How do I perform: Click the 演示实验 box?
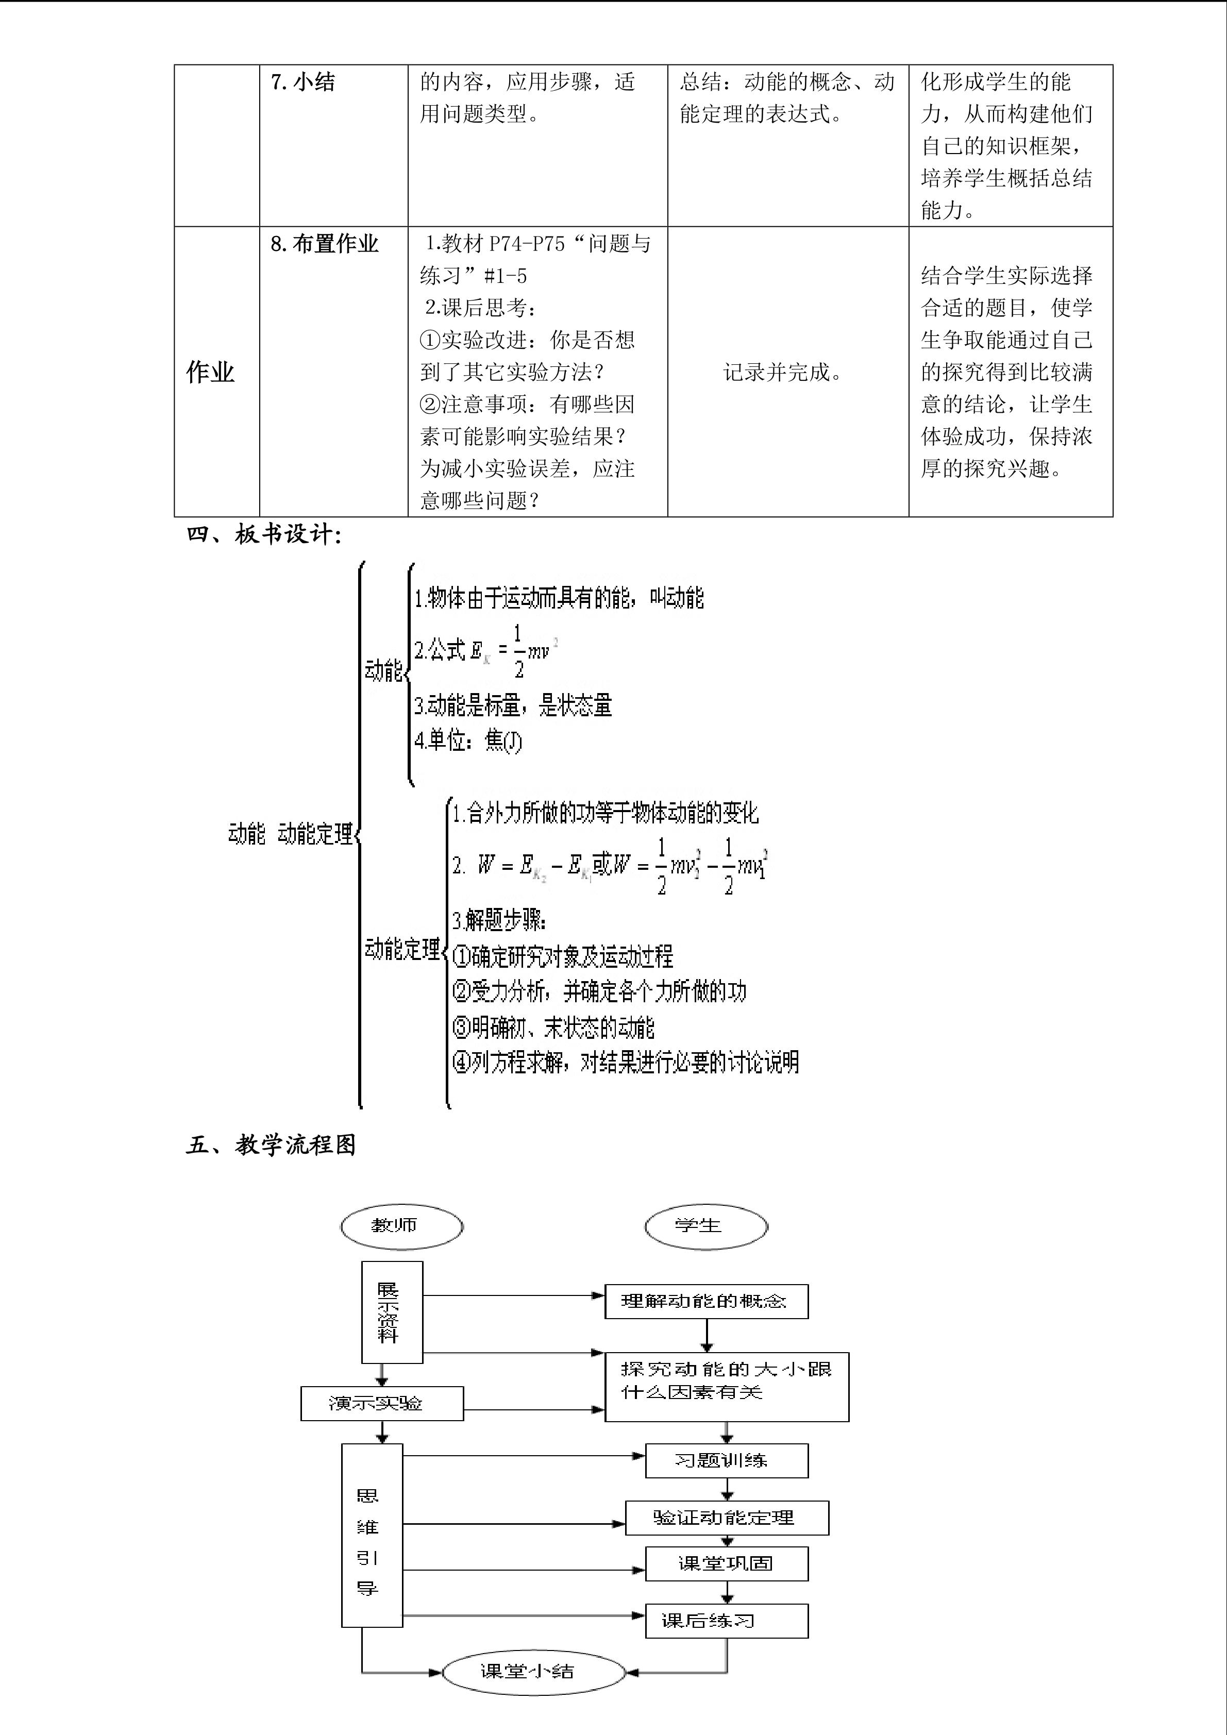point(381,1403)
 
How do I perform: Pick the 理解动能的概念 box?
point(705,1301)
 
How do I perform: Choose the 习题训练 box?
point(726,1461)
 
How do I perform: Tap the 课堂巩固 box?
point(726,1563)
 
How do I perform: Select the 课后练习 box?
point(726,1621)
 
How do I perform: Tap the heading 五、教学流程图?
point(271,1145)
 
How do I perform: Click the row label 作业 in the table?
point(210,372)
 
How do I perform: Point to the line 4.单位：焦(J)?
point(468,740)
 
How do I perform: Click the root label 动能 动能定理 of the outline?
point(290,834)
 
